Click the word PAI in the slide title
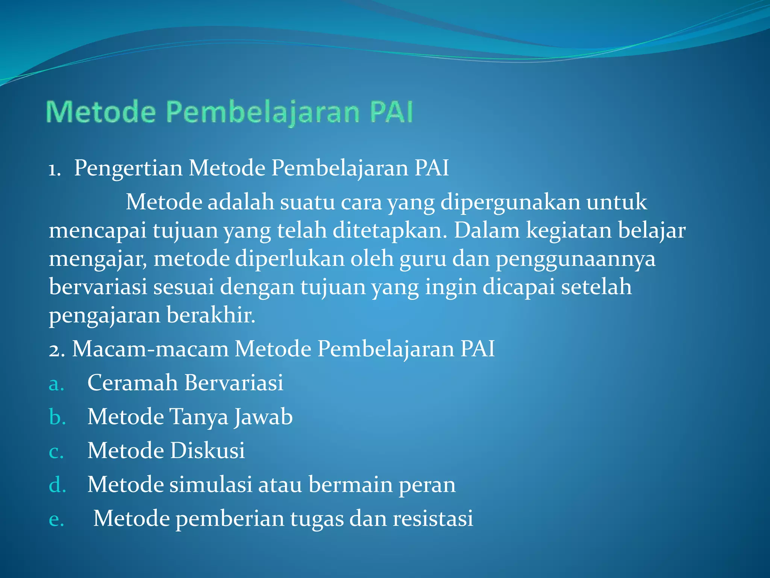[391, 112]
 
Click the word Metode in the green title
[101, 112]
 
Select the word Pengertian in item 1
[128, 168]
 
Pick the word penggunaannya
[575, 259]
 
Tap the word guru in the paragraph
[423, 259]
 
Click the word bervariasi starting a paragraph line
[98, 287]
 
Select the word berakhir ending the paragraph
[211, 315]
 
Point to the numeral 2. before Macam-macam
[57, 350]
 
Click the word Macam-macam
[150, 349]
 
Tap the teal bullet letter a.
[56, 384]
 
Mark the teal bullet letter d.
[57, 484]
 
